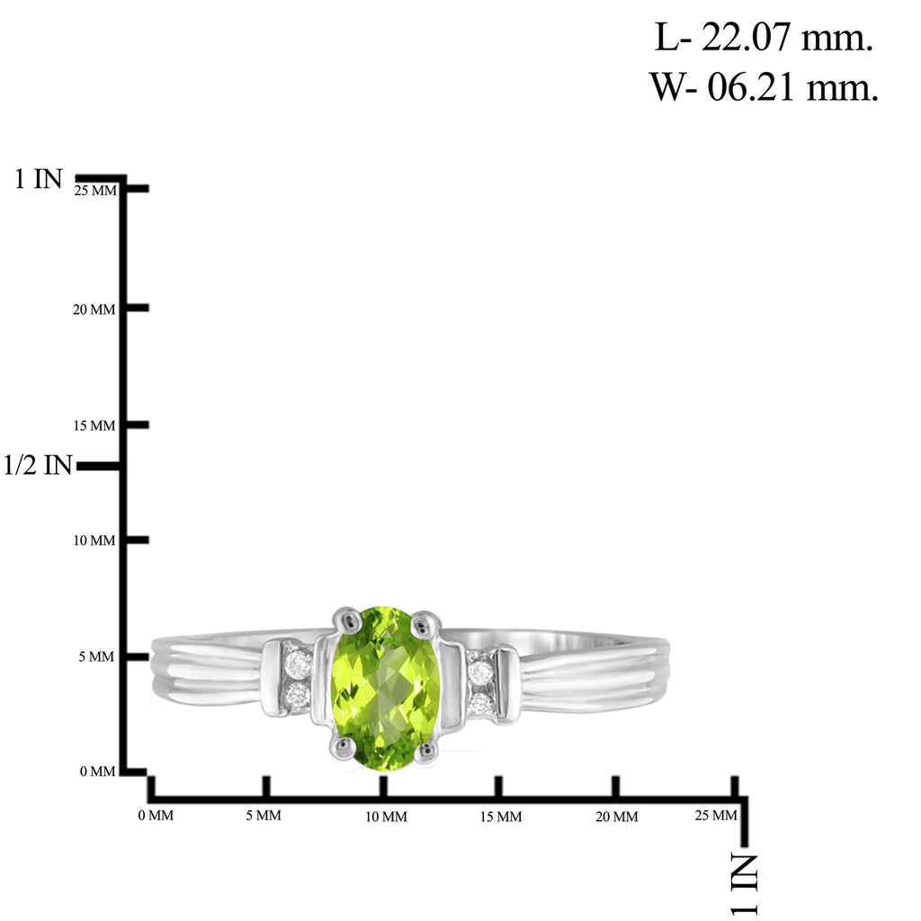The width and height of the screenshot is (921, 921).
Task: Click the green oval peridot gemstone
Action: click(385, 688)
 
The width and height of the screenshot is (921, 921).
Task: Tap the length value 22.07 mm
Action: click(787, 38)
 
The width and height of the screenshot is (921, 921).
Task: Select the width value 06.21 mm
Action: click(792, 87)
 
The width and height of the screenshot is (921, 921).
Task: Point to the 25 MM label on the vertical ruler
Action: click(95, 191)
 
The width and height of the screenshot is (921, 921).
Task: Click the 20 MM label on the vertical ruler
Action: click(94, 309)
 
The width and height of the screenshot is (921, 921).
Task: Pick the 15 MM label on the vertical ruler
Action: click(94, 425)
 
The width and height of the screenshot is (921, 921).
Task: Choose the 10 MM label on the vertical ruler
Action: click(94, 541)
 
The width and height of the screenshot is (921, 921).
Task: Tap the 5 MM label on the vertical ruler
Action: click(96, 657)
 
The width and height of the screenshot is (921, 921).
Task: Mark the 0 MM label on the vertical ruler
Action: click(97, 771)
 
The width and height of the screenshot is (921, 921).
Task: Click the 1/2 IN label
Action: click(38, 465)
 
